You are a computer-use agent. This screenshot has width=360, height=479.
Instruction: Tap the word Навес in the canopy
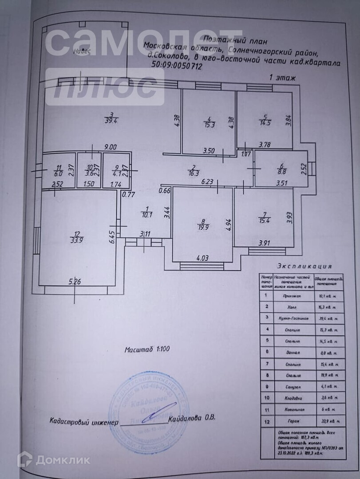(x=83, y=51)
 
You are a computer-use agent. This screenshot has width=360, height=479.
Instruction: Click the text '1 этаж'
(x=283, y=77)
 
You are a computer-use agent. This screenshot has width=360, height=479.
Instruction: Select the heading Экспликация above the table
(x=305, y=267)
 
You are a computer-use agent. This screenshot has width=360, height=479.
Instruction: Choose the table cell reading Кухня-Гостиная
(x=290, y=318)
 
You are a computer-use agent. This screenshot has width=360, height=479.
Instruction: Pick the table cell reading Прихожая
(x=290, y=295)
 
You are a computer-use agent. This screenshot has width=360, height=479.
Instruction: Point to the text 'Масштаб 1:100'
(x=147, y=349)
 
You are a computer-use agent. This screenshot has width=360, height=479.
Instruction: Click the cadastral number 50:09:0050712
(x=177, y=67)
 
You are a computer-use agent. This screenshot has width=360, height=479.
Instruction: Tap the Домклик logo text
(x=63, y=460)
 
